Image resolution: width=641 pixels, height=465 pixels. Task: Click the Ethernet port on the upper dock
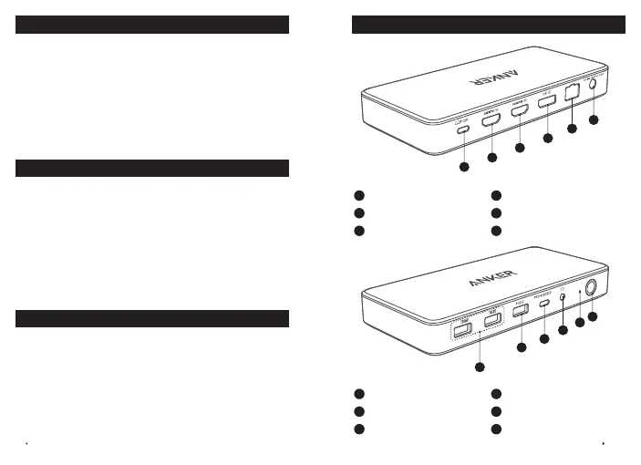[x=573, y=93]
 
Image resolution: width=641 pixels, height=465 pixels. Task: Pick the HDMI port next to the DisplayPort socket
[x=521, y=111]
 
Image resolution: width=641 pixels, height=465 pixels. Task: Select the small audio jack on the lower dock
[x=563, y=296]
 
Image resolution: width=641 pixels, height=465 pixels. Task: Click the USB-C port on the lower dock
[x=544, y=304]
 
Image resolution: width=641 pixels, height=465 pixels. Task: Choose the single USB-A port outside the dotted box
[x=521, y=312]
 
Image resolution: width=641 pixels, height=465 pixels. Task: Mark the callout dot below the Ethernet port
[x=573, y=129]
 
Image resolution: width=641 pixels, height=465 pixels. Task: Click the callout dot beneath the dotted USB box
[x=480, y=367]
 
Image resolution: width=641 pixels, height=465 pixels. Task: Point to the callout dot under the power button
[x=592, y=317]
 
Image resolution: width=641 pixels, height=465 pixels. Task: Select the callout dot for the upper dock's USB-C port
[x=464, y=168]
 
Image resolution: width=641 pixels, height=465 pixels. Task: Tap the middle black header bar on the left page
[x=152, y=168]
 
